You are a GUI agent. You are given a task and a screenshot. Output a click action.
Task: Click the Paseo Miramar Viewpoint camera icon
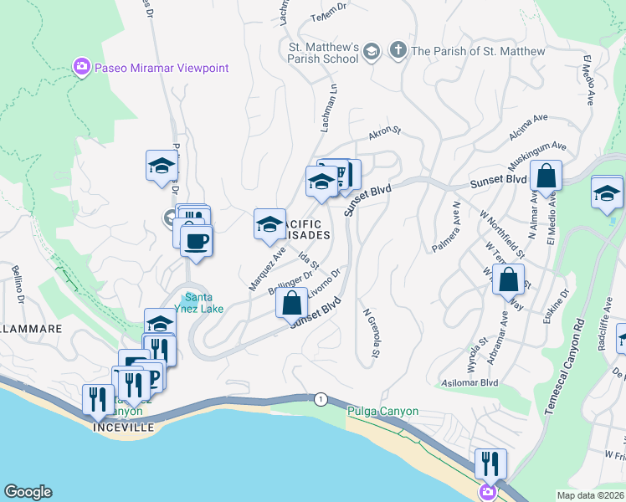pos(82,67)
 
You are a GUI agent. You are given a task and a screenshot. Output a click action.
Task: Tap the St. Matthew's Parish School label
pos(323,52)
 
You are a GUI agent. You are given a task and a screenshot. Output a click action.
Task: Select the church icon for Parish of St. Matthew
pos(397,52)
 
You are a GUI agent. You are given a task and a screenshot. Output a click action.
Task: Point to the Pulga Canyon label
pos(382,412)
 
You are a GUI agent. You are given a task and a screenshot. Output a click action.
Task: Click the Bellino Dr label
pos(21,282)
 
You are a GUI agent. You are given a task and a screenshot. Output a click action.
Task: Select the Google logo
pos(28,492)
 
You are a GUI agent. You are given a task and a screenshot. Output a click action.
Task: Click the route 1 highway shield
pos(321,399)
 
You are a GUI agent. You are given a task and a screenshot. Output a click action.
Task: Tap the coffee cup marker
pos(197,242)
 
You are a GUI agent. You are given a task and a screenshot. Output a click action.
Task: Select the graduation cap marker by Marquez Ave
pos(269,224)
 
